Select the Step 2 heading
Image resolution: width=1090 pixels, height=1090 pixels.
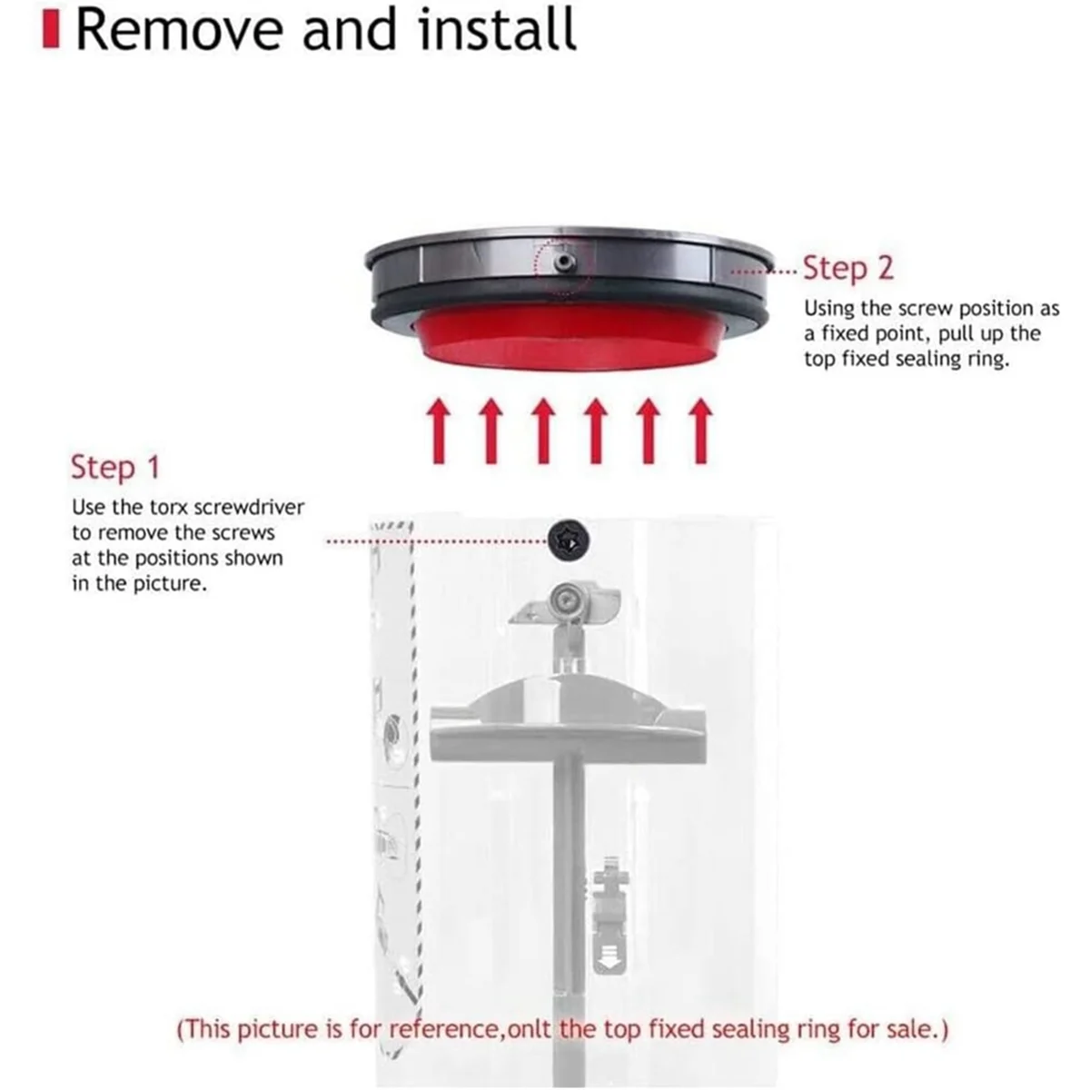(847, 269)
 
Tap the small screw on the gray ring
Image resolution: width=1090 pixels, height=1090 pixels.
(566, 261)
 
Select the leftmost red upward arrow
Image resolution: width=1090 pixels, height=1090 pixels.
(439, 431)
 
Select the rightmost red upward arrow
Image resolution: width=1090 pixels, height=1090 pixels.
(699, 431)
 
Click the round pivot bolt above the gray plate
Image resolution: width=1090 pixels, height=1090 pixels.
(565, 599)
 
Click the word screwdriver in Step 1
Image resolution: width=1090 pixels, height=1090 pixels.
(259, 507)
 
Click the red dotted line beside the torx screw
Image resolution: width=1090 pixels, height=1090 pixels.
(436, 541)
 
